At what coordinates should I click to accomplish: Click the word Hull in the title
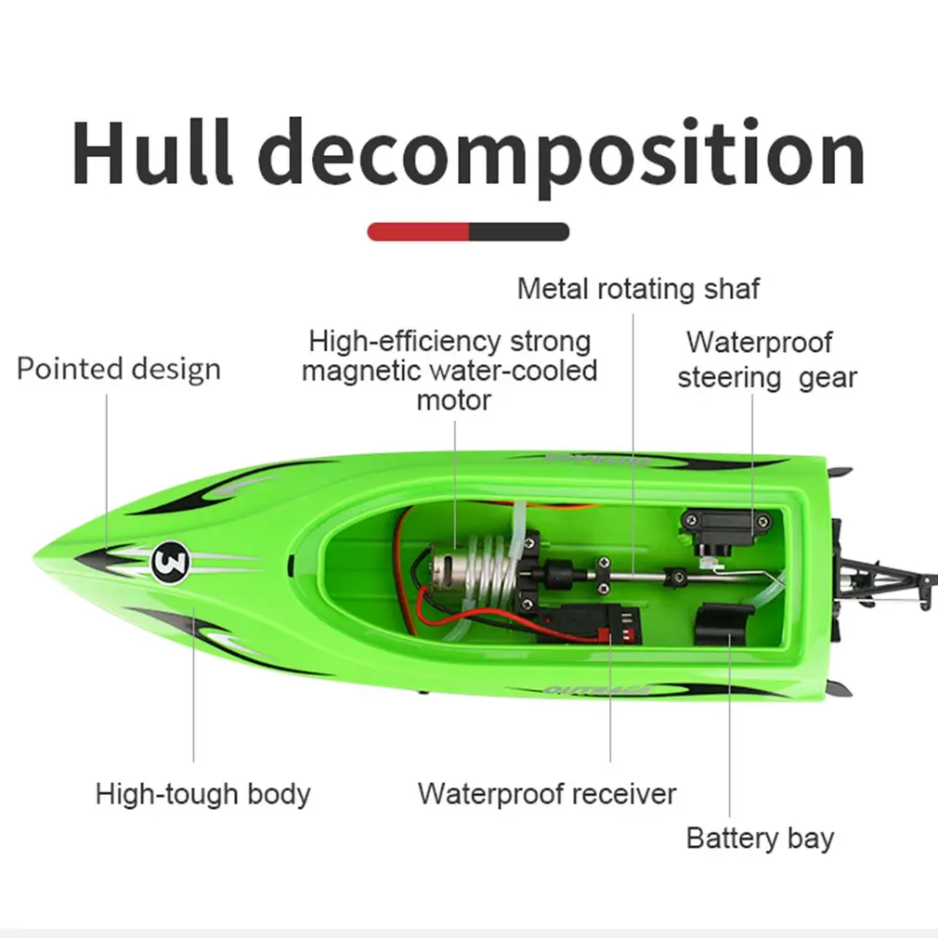[153, 153]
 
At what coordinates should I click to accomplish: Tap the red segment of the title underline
[418, 232]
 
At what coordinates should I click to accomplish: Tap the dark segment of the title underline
[518, 232]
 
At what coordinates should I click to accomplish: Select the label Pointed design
[119, 369]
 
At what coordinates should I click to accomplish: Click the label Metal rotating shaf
[638, 289]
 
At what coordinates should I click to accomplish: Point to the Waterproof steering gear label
[765, 360]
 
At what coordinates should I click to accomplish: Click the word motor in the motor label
[453, 400]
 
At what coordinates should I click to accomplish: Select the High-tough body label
[202, 794]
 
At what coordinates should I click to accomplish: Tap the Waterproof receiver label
[547, 794]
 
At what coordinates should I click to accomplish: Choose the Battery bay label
[760, 838]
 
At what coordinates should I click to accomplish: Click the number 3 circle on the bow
[170, 560]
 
